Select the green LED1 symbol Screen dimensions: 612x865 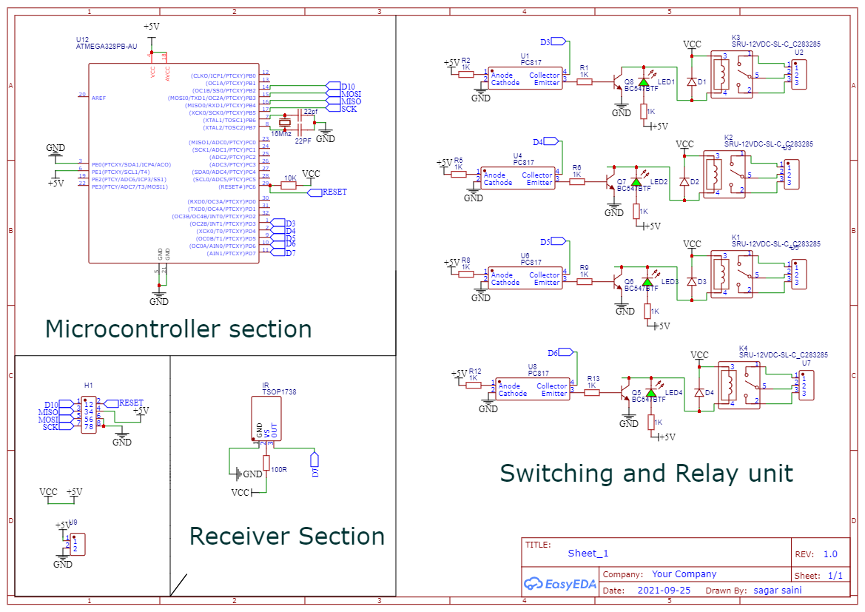(x=643, y=81)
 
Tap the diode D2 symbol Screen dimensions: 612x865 (x=684, y=181)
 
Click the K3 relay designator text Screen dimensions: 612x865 (x=736, y=38)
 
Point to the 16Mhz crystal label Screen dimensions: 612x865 (x=281, y=134)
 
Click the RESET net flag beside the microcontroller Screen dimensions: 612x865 (x=326, y=192)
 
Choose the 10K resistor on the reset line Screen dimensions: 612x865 (x=289, y=186)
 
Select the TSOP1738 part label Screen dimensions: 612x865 (x=279, y=392)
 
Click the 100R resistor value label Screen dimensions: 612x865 (x=279, y=469)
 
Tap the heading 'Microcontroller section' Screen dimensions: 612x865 (x=178, y=329)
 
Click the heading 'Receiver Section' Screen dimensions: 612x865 (x=286, y=536)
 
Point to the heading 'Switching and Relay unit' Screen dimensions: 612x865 (x=646, y=473)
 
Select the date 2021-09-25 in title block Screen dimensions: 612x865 (x=664, y=591)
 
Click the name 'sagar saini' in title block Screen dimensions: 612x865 (x=777, y=591)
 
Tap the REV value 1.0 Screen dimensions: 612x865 (x=830, y=554)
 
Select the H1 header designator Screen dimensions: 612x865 (x=88, y=386)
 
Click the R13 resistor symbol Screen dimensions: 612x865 (x=591, y=393)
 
